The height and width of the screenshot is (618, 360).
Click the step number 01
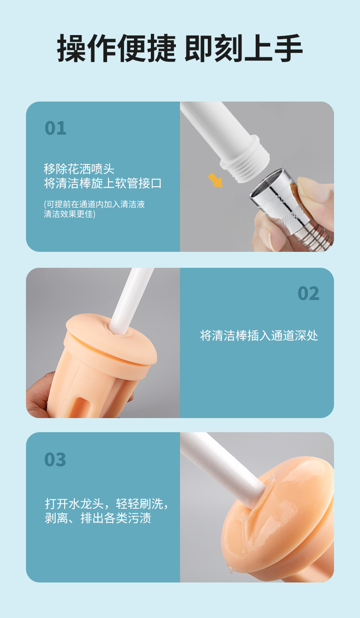pyautogui.click(x=56, y=128)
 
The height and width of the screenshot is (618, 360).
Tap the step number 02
pyautogui.click(x=309, y=293)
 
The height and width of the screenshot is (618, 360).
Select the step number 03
pyautogui.click(x=55, y=460)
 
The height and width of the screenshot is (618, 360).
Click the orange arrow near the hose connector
pyautogui.click(x=216, y=180)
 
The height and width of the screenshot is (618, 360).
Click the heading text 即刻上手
pyautogui.click(x=243, y=49)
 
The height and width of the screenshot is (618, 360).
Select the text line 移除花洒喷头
pyautogui.click(x=79, y=169)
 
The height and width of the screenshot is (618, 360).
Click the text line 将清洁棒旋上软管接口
pyautogui.click(x=103, y=184)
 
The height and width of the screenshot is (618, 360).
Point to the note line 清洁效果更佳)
pyautogui.click(x=70, y=214)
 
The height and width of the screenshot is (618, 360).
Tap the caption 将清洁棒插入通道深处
pyautogui.click(x=259, y=336)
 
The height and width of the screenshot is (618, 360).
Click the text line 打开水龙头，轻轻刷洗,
pyautogui.click(x=107, y=504)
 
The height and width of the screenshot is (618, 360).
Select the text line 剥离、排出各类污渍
pyautogui.click(x=98, y=518)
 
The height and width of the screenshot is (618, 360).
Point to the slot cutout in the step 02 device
pyautogui.click(x=82, y=407)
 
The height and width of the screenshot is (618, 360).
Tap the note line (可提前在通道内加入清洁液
pyautogui.click(x=94, y=204)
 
